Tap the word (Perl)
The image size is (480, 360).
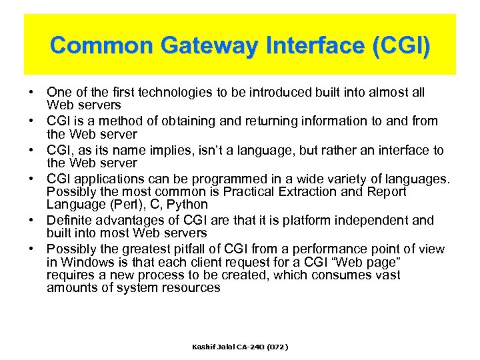(x=119, y=204)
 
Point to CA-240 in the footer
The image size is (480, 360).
(x=251, y=347)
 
